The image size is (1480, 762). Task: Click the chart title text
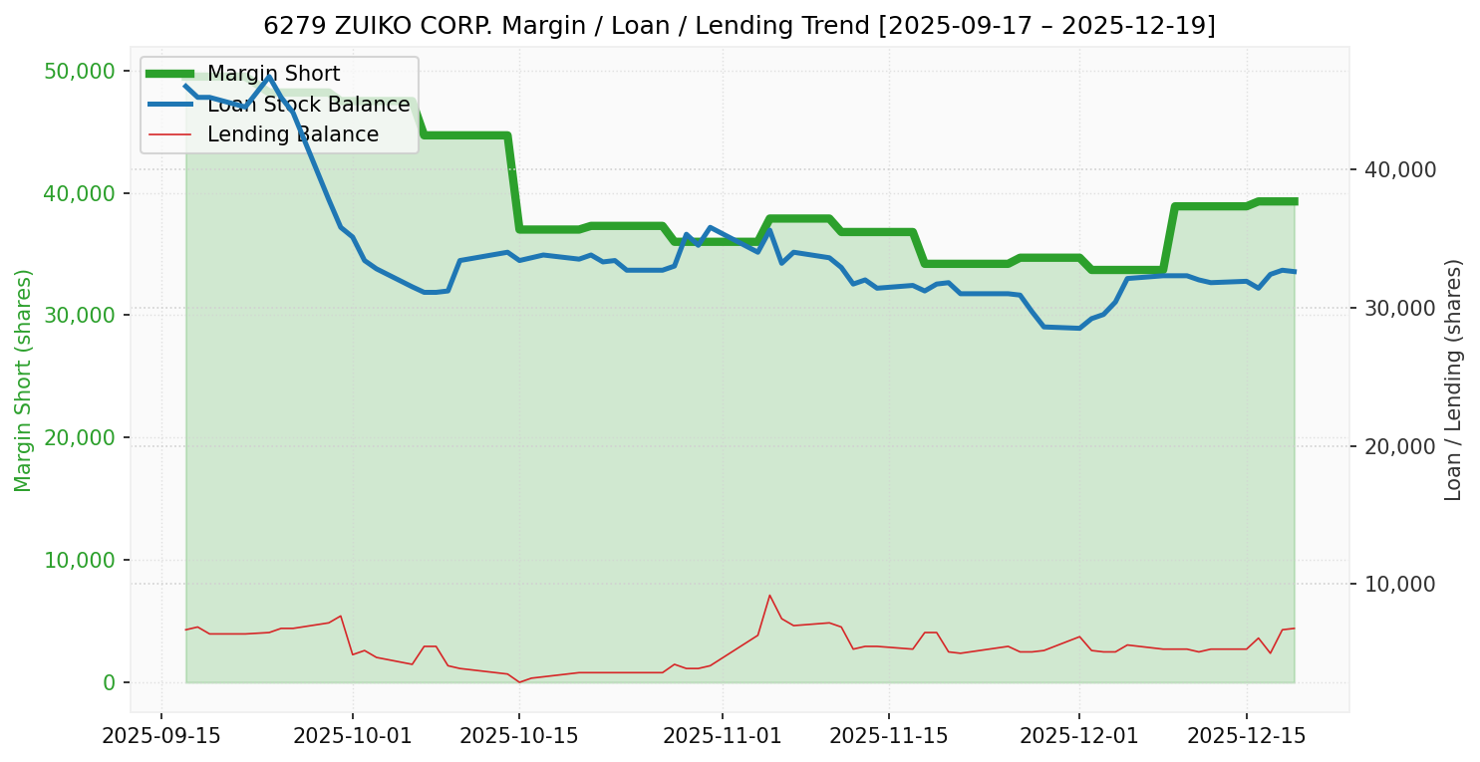(x=740, y=26)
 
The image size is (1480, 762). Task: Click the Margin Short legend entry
(x=273, y=74)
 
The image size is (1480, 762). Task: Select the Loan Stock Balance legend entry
(x=308, y=105)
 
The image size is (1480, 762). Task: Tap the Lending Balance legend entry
(x=292, y=134)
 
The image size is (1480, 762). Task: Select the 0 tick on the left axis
(x=109, y=682)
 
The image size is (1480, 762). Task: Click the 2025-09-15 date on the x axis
(x=161, y=736)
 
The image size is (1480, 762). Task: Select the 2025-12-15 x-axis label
(x=1246, y=736)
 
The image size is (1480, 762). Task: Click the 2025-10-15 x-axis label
(x=519, y=736)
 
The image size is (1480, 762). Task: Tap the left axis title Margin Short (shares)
(x=23, y=381)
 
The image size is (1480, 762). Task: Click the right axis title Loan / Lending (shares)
(x=1454, y=380)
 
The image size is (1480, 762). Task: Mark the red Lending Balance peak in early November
(x=769, y=596)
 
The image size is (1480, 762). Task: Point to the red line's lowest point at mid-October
(x=519, y=682)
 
